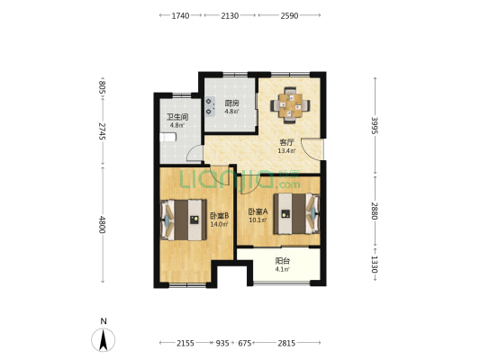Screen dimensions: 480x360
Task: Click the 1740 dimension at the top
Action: tap(180, 15)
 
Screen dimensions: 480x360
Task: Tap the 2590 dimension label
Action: tap(289, 15)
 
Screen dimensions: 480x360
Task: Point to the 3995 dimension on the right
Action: tap(375, 125)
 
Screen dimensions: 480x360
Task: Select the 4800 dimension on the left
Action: tap(103, 225)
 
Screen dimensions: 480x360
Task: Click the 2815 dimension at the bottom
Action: tap(286, 343)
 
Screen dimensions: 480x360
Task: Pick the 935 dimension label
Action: tap(222, 343)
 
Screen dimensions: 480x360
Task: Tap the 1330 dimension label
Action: tap(375, 265)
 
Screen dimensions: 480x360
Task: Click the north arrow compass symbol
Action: tap(104, 339)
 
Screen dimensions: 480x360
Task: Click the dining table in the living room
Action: tap(290, 105)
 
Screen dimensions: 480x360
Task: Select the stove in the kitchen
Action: tap(210, 106)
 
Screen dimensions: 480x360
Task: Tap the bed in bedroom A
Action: tap(296, 213)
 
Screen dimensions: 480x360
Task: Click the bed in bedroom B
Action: tap(184, 220)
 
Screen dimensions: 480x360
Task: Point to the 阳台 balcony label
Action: tap(282, 261)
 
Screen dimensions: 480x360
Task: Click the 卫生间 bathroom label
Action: tap(177, 117)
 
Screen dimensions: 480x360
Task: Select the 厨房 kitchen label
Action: tap(231, 103)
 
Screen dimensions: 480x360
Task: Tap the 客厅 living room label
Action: tap(286, 142)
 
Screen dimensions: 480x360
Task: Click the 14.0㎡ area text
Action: tap(219, 224)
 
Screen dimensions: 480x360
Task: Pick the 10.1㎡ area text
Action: tap(258, 220)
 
